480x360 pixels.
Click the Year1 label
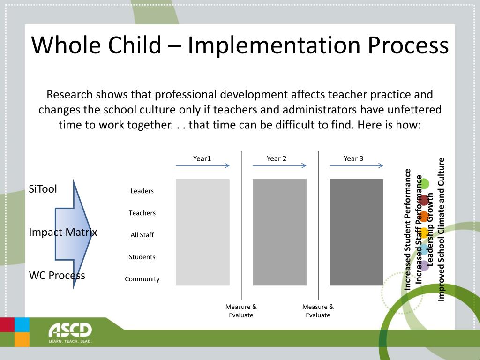click(x=202, y=158)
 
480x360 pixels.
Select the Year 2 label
click(x=277, y=158)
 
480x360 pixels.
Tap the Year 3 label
click(x=353, y=158)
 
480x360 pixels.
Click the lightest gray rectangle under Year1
click(x=202, y=232)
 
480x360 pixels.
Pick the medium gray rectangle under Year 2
click(x=279, y=232)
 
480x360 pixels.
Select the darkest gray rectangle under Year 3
click(x=356, y=232)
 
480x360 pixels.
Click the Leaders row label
click(x=142, y=191)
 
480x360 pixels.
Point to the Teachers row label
click(x=142, y=213)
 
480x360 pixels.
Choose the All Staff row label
click(x=142, y=235)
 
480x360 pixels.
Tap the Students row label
click(x=142, y=257)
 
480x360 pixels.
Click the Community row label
click(x=142, y=279)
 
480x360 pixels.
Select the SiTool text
click(x=43, y=189)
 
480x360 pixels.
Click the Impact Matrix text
click(x=63, y=232)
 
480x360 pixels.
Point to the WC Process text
click(x=57, y=275)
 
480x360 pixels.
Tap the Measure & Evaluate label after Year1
click(x=241, y=311)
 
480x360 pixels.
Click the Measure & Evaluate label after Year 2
click(x=318, y=311)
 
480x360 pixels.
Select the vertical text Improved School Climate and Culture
click(x=441, y=230)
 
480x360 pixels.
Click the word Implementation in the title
click(x=275, y=45)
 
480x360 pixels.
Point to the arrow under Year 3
click(x=356, y=165)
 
